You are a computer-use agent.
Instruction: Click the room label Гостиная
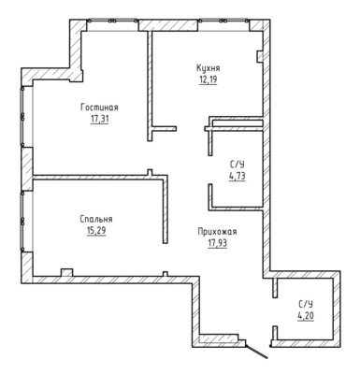point(99,108)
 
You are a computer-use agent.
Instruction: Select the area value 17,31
point(100,119)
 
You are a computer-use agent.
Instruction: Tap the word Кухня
point(209,68)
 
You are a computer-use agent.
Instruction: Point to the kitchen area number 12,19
point(209,79)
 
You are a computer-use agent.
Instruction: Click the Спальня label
point(96,220)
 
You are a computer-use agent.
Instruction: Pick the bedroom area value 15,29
point(96,231)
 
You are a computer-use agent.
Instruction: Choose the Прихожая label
point(217,232)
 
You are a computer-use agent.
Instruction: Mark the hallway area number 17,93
point(218,243)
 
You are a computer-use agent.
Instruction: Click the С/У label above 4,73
point(238,165)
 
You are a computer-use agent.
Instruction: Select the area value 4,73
point(238,176)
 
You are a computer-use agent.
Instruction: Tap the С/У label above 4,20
point(306,304)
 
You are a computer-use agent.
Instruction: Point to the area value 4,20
point(306,316)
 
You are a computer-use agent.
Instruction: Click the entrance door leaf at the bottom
point(256,351)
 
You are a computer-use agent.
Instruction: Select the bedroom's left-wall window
point(22,221)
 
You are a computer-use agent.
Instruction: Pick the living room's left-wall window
point(22,117)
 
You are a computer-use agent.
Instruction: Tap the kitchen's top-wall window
point(223,21)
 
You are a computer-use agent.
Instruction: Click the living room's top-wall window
point(112,21)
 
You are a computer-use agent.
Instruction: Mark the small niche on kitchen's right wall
point(260,56)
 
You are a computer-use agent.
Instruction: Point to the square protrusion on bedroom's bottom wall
point(66,272)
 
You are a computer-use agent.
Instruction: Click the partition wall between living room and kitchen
point(150,86)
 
